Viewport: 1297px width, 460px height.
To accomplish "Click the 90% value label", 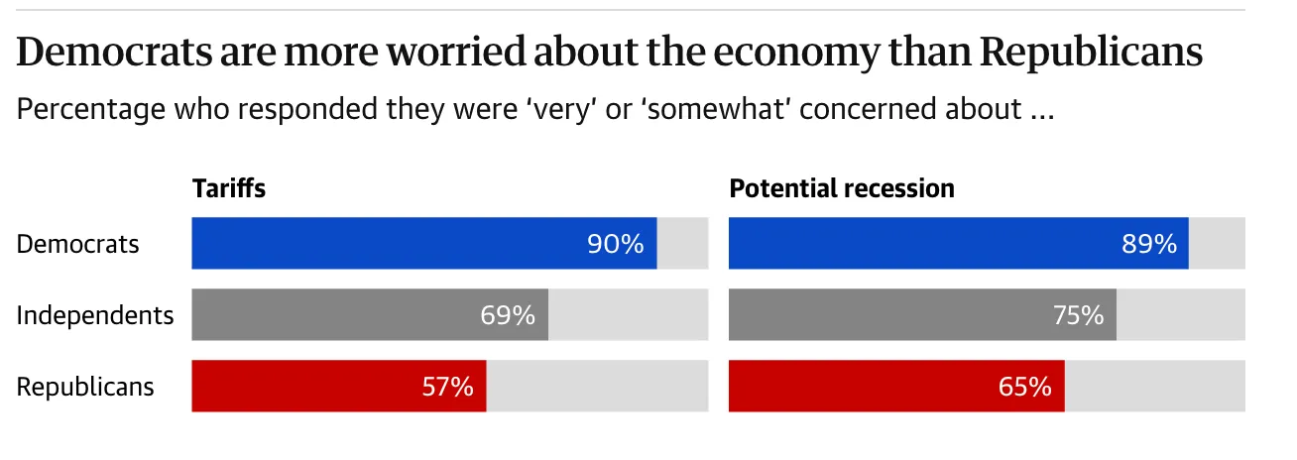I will pos(616,244).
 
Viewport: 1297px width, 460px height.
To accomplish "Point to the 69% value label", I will pos(508,315).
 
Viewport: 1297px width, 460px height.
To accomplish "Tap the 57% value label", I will pos(447,387).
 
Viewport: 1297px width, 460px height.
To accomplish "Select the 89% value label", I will pos(1149,244).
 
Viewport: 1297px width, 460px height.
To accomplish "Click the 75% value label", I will pos(1078,315).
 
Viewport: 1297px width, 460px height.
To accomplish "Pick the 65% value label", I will pos(1025,387).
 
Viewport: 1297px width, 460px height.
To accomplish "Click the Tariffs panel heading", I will pos(229,187).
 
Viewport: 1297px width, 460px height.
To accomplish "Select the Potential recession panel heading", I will pos(842,187).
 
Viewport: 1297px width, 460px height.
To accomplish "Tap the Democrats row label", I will pos(78,244).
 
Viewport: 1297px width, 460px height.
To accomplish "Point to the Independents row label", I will pos(95,315).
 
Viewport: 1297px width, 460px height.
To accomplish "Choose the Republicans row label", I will pos(85,387).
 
